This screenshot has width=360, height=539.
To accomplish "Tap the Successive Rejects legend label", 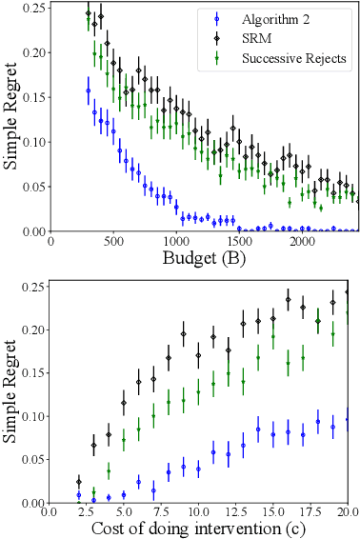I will pyautogui.click(x=292, y=57).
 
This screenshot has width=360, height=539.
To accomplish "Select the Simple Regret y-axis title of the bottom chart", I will pyautogui.click(x=11, y=390).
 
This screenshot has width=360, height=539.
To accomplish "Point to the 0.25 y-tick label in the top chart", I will pyautogui.click(x=29, y=9).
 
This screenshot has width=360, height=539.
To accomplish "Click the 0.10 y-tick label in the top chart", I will pyautogui.click(x=29, y=142).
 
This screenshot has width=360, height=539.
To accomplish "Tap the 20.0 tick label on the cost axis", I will pyautogui.click(x=347, y=512).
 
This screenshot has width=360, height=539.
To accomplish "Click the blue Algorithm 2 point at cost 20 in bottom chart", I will pyautogui.click(x=348, y=420).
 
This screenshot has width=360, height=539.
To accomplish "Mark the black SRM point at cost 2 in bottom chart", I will pyautogui.click(x=79, y=483).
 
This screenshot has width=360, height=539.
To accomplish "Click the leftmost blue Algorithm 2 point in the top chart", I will pyautogui.click(x=89, y=91).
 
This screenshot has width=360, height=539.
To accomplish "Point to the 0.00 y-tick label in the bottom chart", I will pyautogui.click(x=29, y=503).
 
